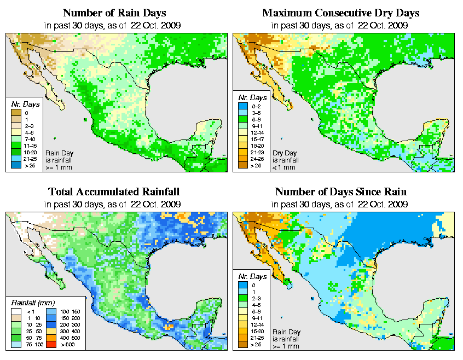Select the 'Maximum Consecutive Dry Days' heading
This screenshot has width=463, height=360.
341,13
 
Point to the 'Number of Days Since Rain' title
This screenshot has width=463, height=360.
341,192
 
